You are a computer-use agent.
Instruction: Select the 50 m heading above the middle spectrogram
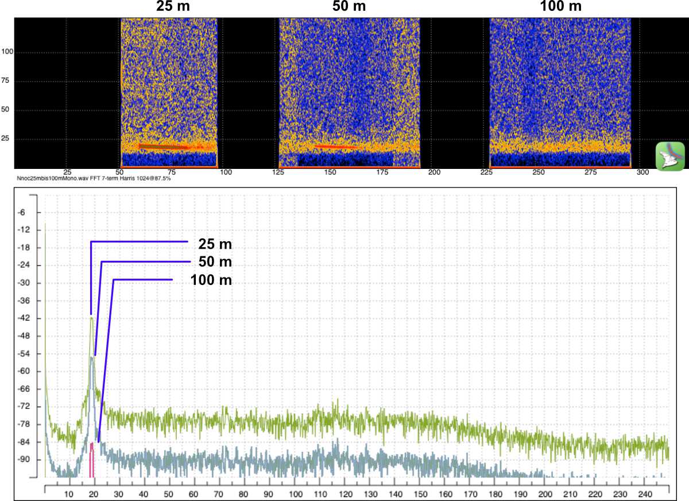click(349, 7)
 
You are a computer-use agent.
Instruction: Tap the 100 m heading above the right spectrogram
click(560, 7)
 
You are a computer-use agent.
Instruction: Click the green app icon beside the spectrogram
click(670, 156)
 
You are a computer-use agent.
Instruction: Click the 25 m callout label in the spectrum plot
click(215, 244)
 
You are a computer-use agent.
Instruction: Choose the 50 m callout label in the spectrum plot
click(215, 262)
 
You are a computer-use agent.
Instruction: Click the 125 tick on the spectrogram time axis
click(278, 172)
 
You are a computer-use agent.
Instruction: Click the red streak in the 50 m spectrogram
click(336, 147)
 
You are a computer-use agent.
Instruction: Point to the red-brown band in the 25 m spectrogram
click(164, 147)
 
